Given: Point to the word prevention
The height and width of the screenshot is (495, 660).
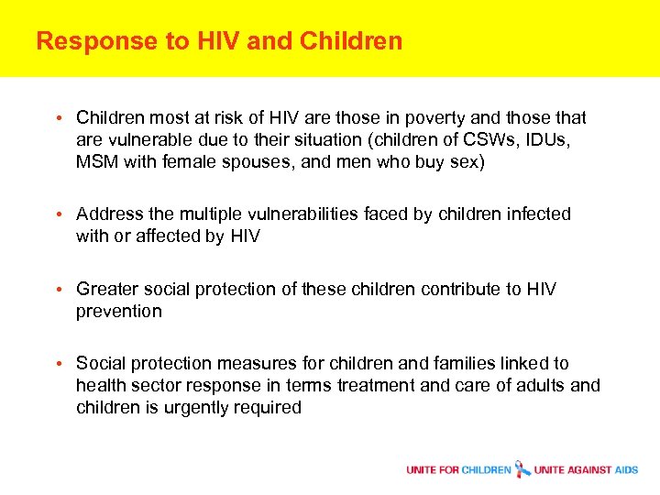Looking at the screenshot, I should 119,311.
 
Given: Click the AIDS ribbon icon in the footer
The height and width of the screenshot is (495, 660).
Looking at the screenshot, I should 522,469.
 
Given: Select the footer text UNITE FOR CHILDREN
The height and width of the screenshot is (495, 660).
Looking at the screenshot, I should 458,470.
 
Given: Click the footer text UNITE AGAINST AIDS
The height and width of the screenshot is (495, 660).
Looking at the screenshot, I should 586,470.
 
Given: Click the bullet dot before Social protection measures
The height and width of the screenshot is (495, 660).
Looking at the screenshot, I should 58,364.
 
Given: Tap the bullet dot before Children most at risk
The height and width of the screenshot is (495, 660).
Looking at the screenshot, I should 58,118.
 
